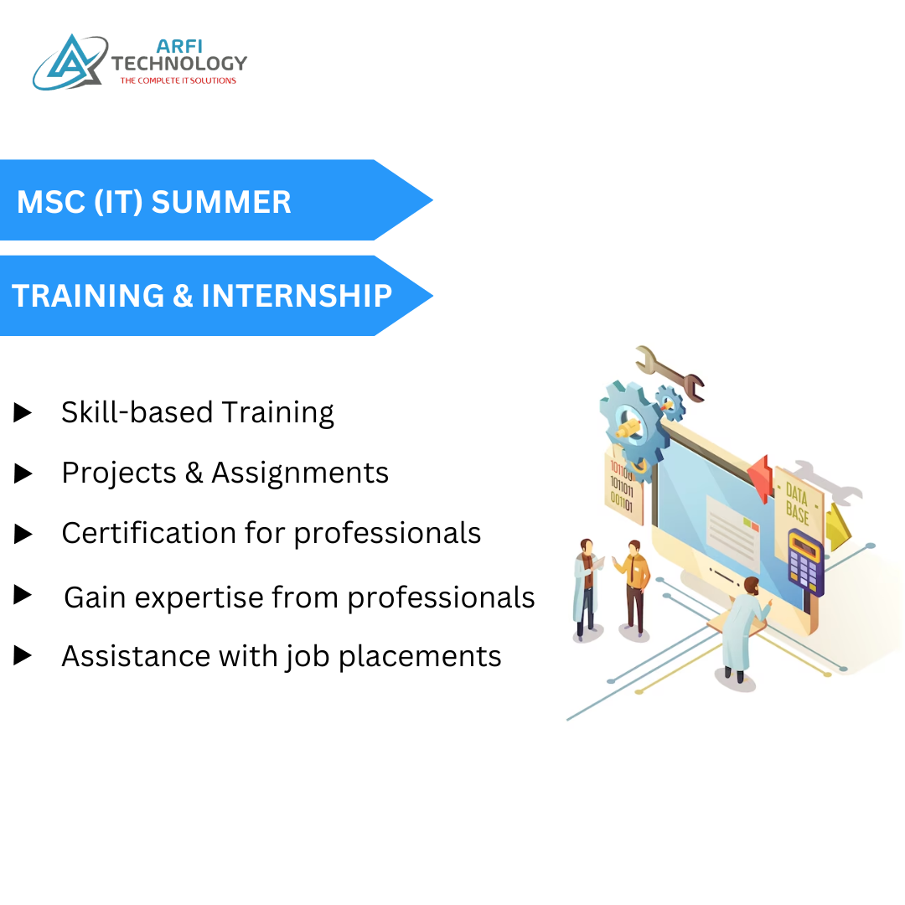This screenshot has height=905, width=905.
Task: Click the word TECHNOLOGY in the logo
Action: click(179, 64)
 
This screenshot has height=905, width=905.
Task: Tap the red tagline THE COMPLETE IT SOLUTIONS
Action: click(178, 81)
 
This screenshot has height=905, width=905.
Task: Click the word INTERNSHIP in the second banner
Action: click(297, 296)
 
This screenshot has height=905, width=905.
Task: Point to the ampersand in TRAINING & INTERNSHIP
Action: click(183, 296)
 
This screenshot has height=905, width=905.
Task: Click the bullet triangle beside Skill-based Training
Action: click(23, 412)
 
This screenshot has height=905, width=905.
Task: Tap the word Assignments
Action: click(300, 473)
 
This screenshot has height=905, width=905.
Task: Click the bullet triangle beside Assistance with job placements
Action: click(23, 655)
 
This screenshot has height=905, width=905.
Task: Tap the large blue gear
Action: click(630, 423)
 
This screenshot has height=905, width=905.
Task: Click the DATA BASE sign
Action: click(797, 503)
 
